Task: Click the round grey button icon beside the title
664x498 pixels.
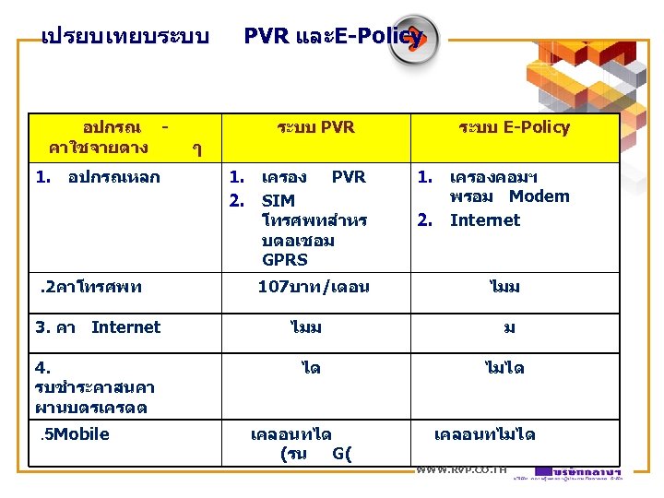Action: pyautogui.click(x=414, y=40)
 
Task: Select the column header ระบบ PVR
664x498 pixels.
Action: pyautogui.click(x=315, y=127)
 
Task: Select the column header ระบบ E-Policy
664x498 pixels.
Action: pyautogui.click(x=514, y=127)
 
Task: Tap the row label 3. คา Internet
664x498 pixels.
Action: pyautogui.click(x=98, y=326)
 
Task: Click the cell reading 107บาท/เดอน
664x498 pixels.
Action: pyautogui.click(x=314, y=287)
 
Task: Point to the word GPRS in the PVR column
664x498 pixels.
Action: pyautogui.click(x=285, y=260)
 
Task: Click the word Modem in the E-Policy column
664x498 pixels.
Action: pyautogui.click(x=539, y=196)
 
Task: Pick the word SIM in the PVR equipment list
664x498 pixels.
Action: pyautogui.click(x=279, y=201)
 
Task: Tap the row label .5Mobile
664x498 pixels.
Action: pyautogui.click(x=75, y=434)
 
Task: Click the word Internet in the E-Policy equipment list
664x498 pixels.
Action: pyautogui.click(x=485, y=219)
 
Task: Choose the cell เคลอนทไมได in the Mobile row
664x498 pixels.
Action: pyautogui.click(x=484, y=434)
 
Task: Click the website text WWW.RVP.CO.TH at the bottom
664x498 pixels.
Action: pyautogui.click(x=461, y=470)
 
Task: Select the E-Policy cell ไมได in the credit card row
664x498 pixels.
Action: pyautogui.click(x=504, y=368)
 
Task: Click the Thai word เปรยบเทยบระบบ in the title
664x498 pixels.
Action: pyautogui.click(x=125, y=38)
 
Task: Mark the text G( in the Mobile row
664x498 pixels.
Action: pyautogui.click(x=342, y=453)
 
